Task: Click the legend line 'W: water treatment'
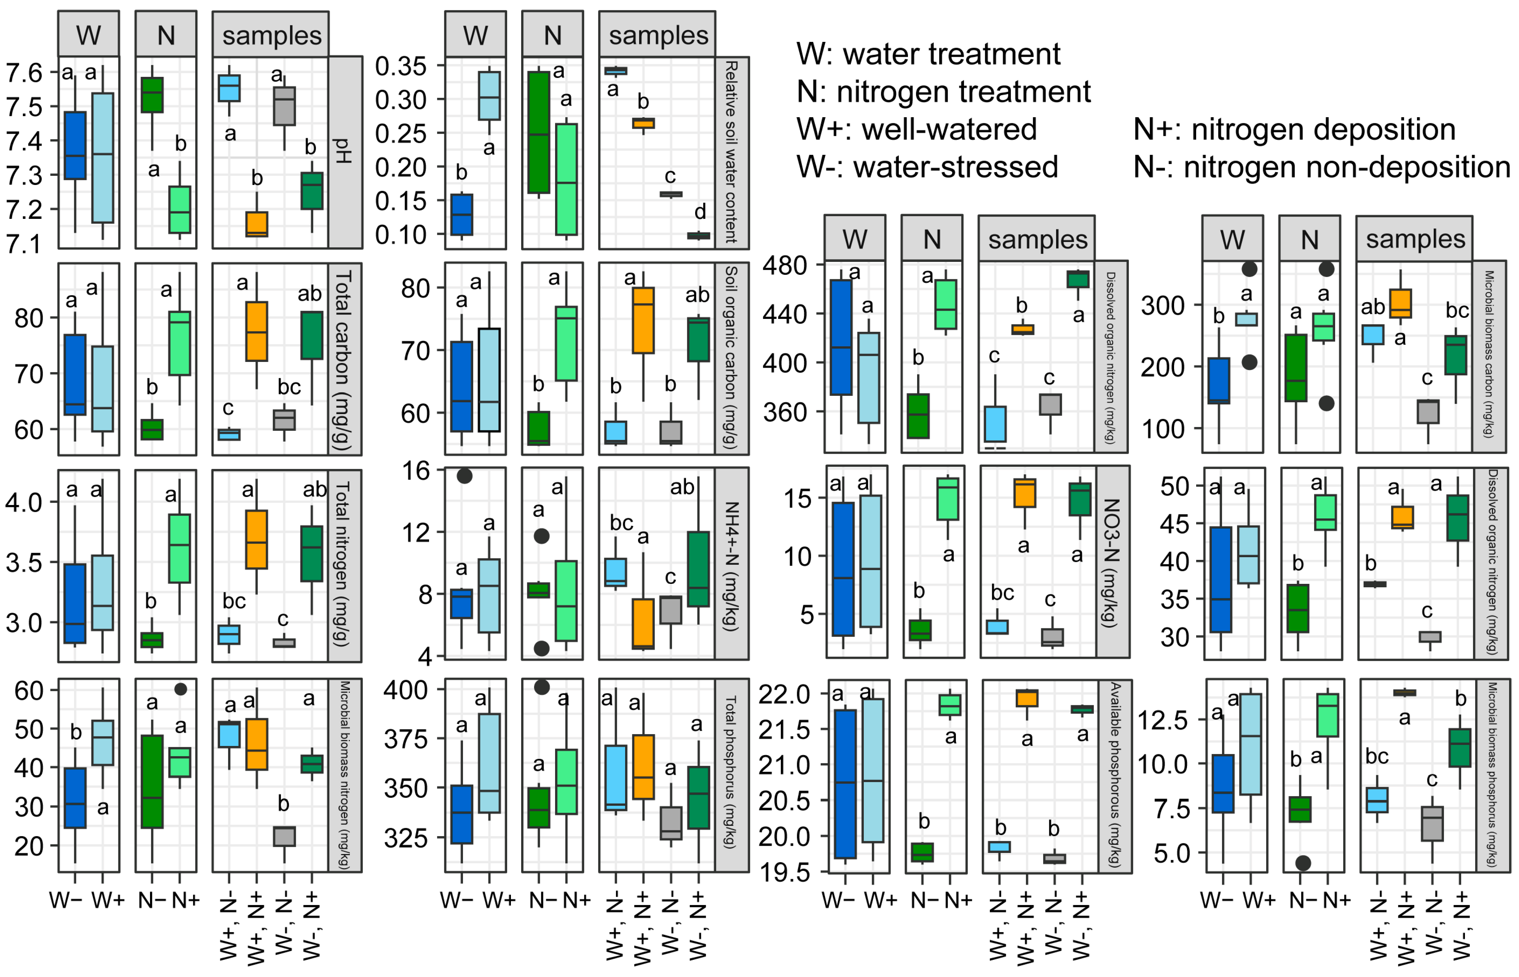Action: [x=928, y=54]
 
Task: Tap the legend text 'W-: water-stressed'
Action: [x=927, y=167]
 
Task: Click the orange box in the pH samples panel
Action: [x=256, y=224]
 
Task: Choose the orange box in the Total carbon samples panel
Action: [x=256, y=331]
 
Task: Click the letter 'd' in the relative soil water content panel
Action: [x=699, y=211]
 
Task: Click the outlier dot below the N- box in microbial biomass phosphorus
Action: [x=1303, y=863]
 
